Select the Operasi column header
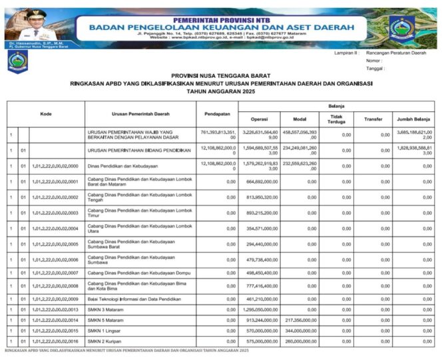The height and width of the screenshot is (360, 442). [x=258, y=120]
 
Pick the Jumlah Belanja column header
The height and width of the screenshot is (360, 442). [x=415, y=120]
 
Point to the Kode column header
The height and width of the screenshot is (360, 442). [x=46, y=114]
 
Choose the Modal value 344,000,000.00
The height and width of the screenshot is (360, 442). [x=301, y=331]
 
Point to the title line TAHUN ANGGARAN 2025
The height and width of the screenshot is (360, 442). [x=220, y=90]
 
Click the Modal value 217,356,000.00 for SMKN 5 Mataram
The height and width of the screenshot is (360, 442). [x=301, y=320]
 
